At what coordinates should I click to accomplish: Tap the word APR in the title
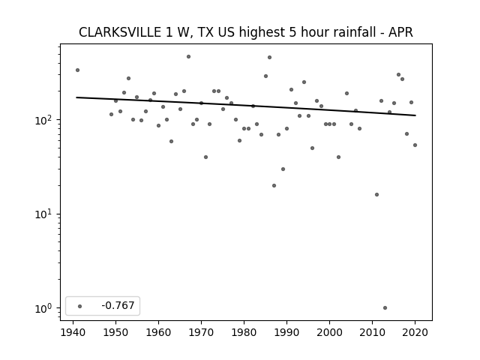point(400,32)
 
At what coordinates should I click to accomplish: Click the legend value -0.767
point(118,305)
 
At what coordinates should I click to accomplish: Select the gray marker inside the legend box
point(80,306)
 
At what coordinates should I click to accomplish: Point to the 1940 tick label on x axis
point(73,332)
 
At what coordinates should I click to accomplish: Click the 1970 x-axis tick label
point(201,332)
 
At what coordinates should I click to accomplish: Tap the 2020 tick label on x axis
point(415,332)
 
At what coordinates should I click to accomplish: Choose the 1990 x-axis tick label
point(286,332)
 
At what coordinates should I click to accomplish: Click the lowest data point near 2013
point(385,308)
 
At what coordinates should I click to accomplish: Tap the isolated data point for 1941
point(77,70)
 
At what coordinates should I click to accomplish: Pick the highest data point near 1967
point(188,57)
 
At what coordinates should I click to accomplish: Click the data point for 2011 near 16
point(376,195)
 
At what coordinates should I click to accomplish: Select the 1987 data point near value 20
point(274,185)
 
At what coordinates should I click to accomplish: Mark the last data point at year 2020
point(415,145)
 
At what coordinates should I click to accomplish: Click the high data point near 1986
point(269,57)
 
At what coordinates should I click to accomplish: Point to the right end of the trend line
point(415,115)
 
